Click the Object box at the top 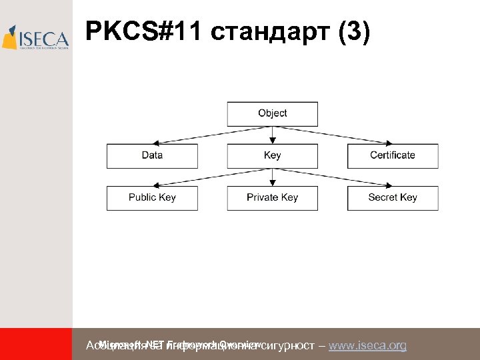pyautogui.click(x=272, y=113)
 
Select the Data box pyautogui.click(x=152, y=155)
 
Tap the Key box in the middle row pyautogui.click(x=272, y=155)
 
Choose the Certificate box pyautogui.click(x=393, y=155)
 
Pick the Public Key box pyautogui.click(x=152, y=197)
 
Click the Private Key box pyautogui.click(x=272, y=197)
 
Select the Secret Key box pyautogui.click(x=393, y=197)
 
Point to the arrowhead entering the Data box pyautogui.click(x=155, y=142)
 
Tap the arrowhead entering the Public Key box pyautogui.click(x=155, y=184)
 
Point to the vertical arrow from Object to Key pyautogui.click(x=272, y=133)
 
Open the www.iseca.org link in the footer pyautogui.click(x=367, y=345)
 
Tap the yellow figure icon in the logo pyautogui.click(x=10, y=38)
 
